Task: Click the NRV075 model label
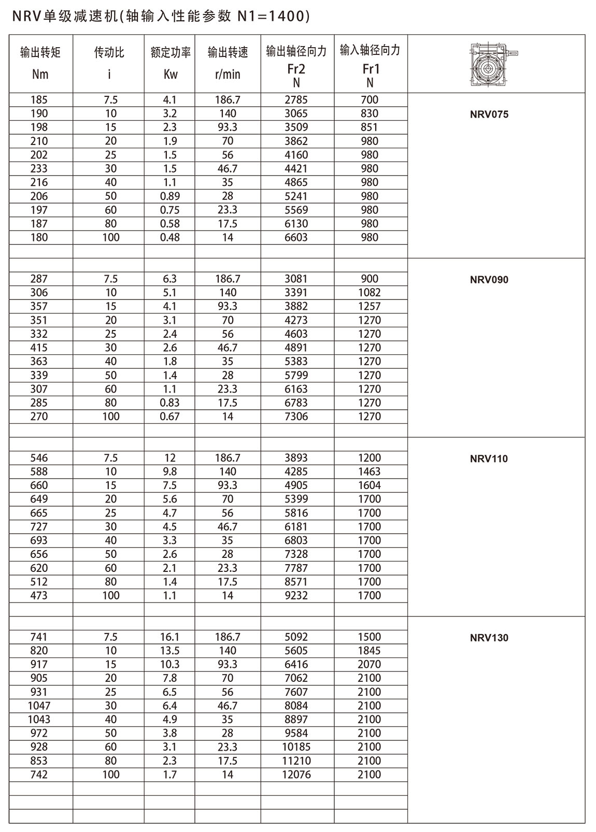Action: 489,114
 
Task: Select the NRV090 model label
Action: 489,280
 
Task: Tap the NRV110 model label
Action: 489,458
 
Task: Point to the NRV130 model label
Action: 489,638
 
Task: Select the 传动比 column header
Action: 109,52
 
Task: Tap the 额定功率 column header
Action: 171,52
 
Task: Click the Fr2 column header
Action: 296,69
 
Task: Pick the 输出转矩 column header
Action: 40,52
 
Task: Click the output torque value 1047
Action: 39,706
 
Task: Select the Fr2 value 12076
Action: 296,774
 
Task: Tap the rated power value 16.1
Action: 170,637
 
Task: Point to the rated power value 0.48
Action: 170,237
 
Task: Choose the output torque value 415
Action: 39,348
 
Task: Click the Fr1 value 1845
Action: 370,651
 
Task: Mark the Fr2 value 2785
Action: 296,99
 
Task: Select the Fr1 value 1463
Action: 370,471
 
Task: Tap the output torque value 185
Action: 39,99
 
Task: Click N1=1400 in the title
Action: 273,17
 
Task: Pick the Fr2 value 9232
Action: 296,595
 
